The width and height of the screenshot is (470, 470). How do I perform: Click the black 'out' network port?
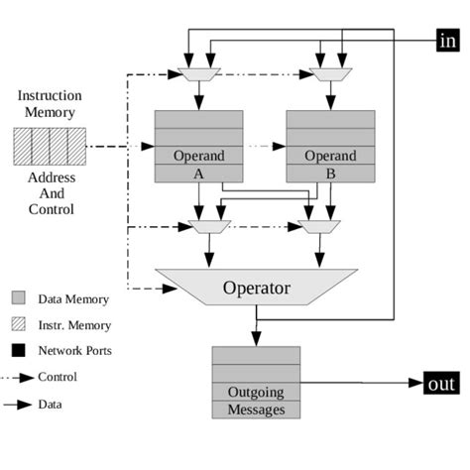(441, 384)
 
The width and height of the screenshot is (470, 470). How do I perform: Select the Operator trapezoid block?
(256, 288)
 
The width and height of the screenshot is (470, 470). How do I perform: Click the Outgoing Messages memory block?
(256, 383)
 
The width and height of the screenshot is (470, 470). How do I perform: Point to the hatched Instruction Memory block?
(49, 147)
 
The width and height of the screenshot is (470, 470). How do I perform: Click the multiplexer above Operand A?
(199, 74)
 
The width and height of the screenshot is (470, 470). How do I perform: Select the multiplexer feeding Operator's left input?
(208, 227)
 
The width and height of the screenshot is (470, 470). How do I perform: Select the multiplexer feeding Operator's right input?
(317, 227)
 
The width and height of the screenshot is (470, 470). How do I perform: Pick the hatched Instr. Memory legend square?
(19, 324)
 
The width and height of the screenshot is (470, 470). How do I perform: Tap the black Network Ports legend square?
(19, 350)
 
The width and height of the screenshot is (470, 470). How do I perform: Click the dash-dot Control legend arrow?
(19, 377)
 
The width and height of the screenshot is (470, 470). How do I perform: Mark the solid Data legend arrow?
(19, 404)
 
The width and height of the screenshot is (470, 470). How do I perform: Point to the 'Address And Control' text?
(49, 194)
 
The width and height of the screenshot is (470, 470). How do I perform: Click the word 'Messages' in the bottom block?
(256, 409)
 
